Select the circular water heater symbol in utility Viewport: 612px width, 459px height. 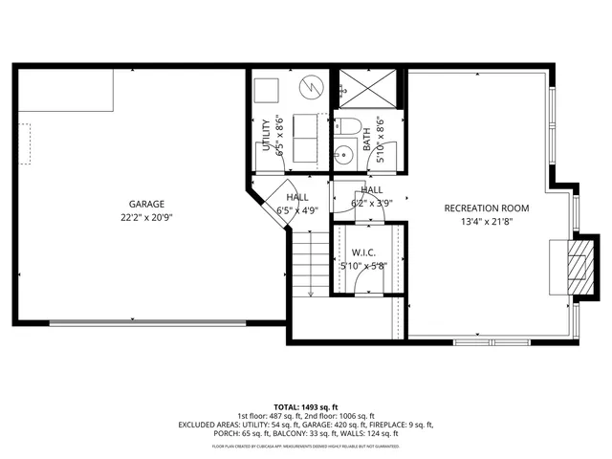310,89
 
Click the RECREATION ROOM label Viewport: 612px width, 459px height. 486,208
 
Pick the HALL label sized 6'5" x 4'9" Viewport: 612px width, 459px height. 296,196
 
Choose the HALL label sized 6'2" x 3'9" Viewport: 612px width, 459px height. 372,190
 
